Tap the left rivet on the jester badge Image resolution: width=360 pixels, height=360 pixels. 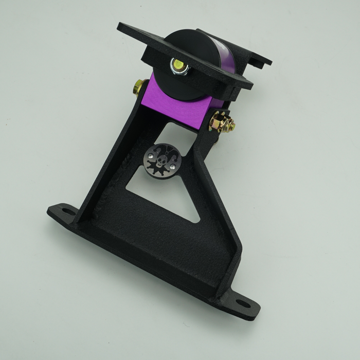click(150, 157)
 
